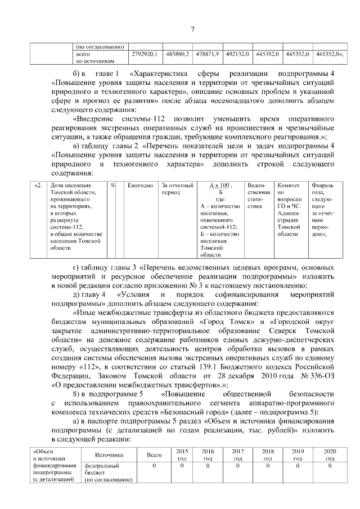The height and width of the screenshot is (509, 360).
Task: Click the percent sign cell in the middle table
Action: pyautogui.click(x=113, y=186)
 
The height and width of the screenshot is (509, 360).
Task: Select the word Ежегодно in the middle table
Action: pyautogui.click(x=140, y=186)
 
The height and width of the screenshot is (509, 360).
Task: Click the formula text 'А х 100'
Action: pyautogui.click(x=220, y=186)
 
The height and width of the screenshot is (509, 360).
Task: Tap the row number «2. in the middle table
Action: pyautogui.click(x=38, y=186)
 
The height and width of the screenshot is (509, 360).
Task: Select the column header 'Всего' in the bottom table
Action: pyautogui.click(x=154, y=454)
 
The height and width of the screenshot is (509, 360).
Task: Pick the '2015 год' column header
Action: pyautogui.click(x=182, y=454)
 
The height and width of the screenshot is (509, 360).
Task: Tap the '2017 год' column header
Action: pyautogui.click(x=237, y=454)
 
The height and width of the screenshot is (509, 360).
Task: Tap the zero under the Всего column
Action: pyautogui.click(x=154, y=466)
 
